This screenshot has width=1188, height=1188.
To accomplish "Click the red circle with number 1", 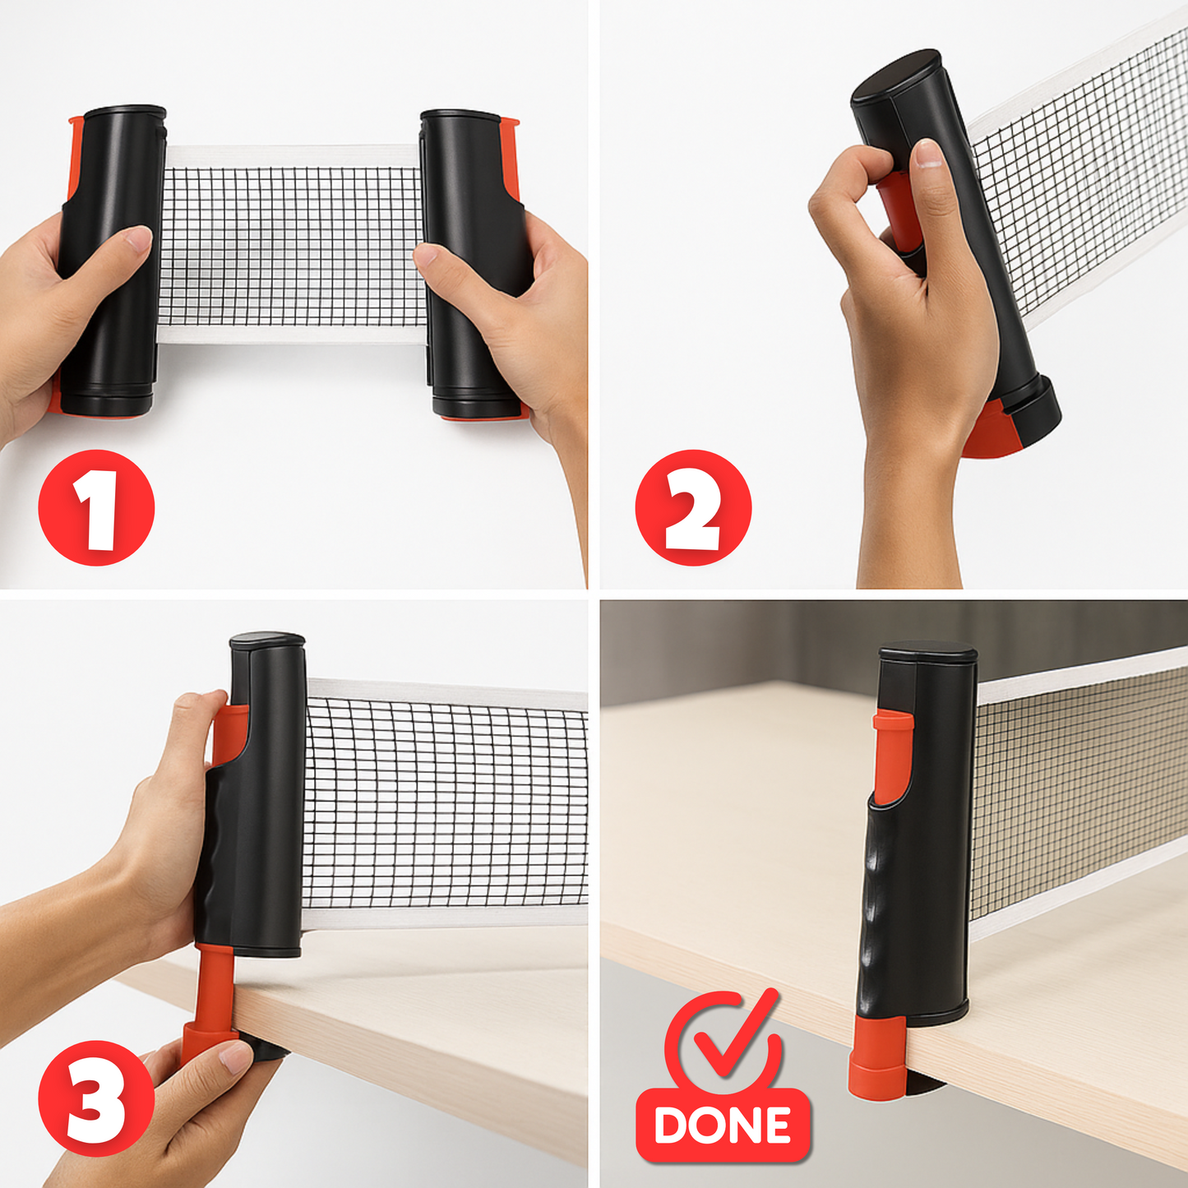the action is pos(97,507).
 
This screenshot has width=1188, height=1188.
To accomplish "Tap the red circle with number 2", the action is pos(694,507).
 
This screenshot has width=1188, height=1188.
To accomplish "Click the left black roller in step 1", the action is pos(114,262).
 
